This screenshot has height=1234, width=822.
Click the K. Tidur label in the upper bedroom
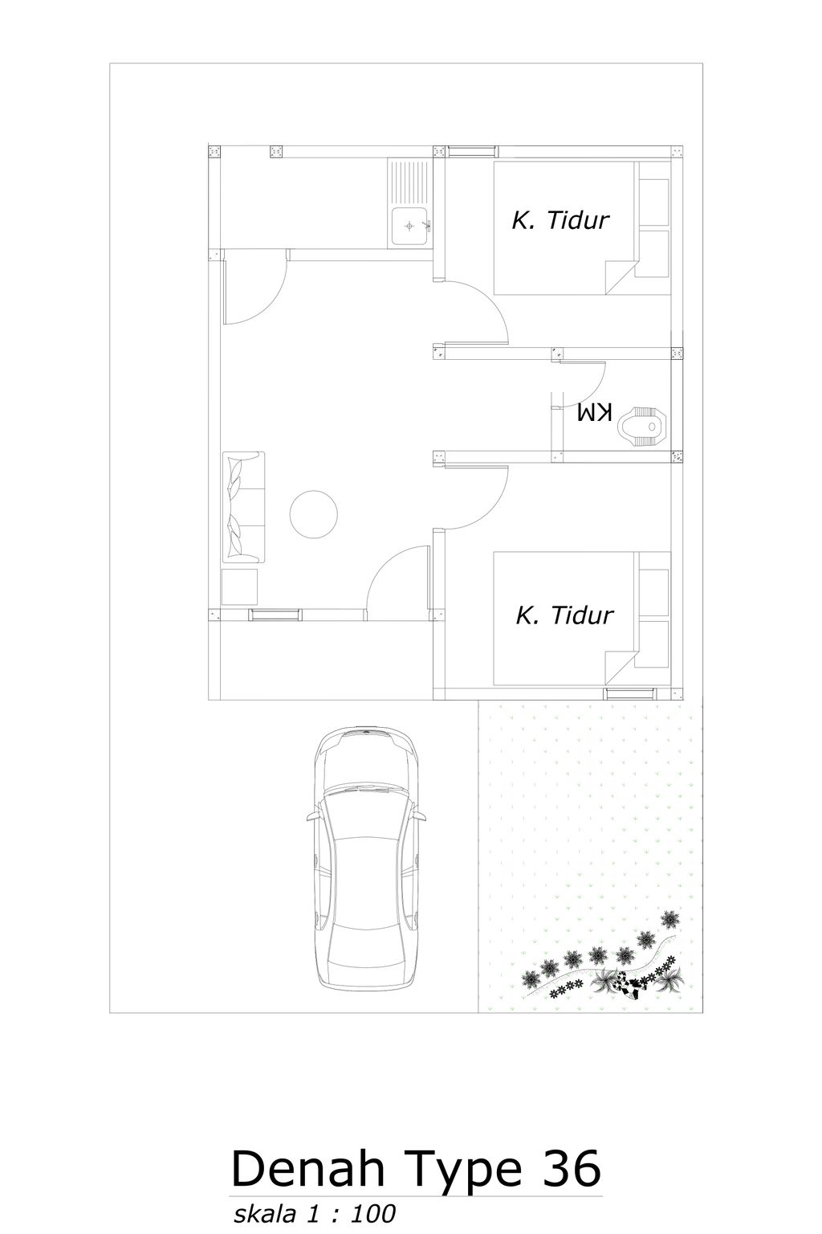click(560, 220)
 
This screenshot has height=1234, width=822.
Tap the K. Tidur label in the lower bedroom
click(564, 615)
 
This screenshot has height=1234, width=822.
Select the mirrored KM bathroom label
click(594, 413)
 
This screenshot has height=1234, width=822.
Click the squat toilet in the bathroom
click(644, 424)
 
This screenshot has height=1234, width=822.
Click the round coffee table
click(314, 514)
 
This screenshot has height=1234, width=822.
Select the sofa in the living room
click(243, 506)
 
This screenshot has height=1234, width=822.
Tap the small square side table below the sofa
click(239, 586)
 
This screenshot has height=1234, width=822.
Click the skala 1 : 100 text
click(315, 1214)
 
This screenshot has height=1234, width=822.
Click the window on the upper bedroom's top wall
click(471, 150)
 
